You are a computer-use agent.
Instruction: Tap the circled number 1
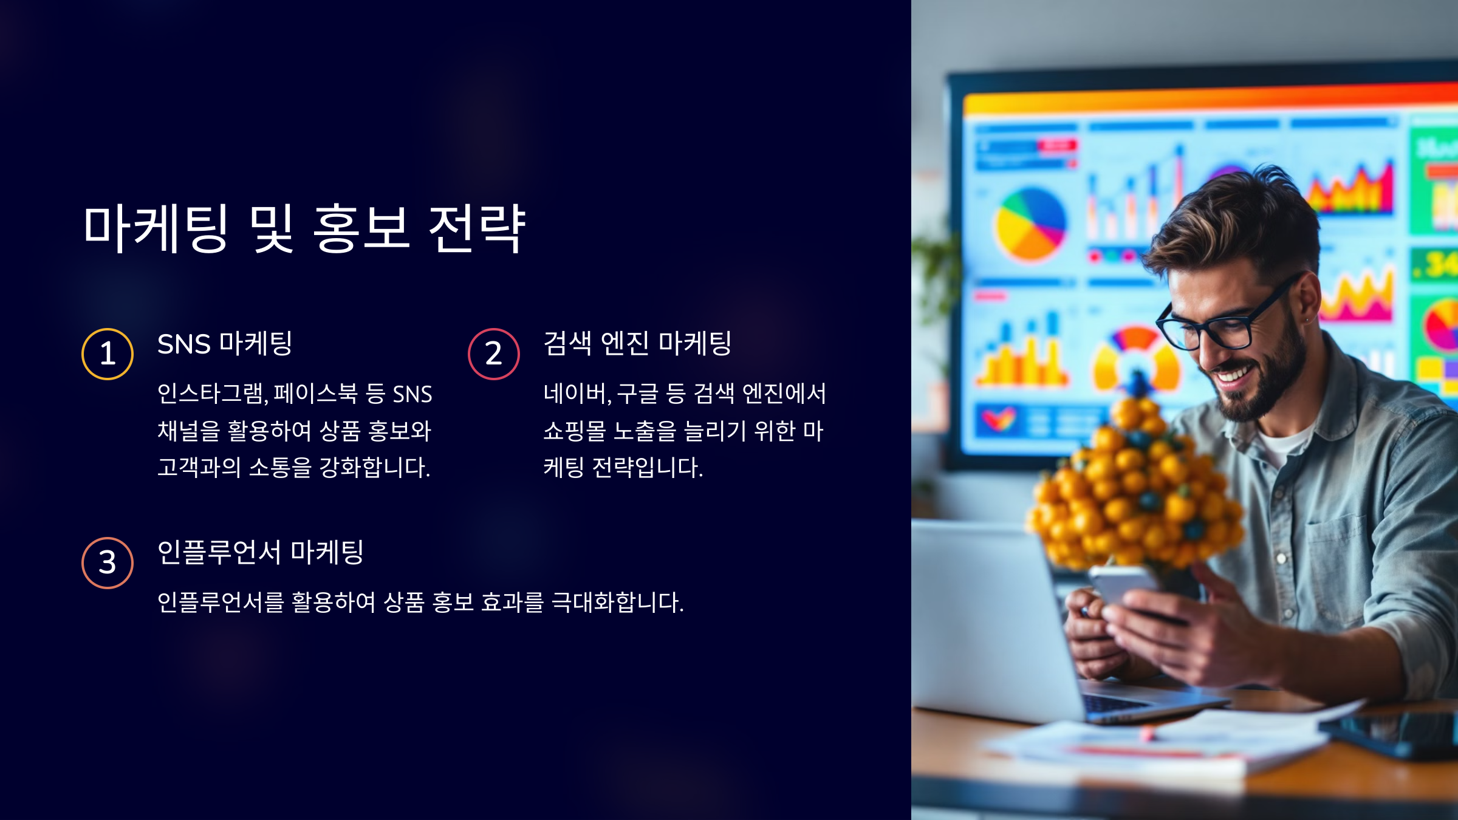[x=108, y=354]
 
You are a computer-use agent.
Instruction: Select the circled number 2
[x=494, y=354]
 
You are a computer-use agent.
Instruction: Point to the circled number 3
[x=108, y=563]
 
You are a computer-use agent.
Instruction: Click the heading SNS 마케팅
[x=225, y=344]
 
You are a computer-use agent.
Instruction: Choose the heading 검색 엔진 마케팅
[x=637, y=344]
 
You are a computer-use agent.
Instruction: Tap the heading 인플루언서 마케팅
[x=260, y=553]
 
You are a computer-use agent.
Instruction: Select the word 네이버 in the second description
[x=575, y=394]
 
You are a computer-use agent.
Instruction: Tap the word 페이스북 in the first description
[x=316, y=394]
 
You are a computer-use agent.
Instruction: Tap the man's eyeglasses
[x=1221, y=322]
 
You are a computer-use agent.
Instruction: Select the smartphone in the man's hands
[x=1124, y=586]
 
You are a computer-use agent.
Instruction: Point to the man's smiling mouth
[x=1233, y=374]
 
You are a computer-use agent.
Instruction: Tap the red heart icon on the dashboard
[x=999, y=419]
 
